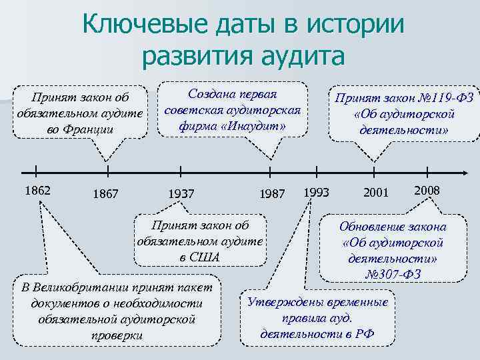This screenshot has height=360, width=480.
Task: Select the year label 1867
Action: (x=106, y=194)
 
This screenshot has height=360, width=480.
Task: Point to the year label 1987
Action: (x=273, y=194)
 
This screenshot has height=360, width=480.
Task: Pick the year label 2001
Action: (x=375, y=193)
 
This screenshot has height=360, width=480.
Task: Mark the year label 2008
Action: (x=427, y=191)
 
